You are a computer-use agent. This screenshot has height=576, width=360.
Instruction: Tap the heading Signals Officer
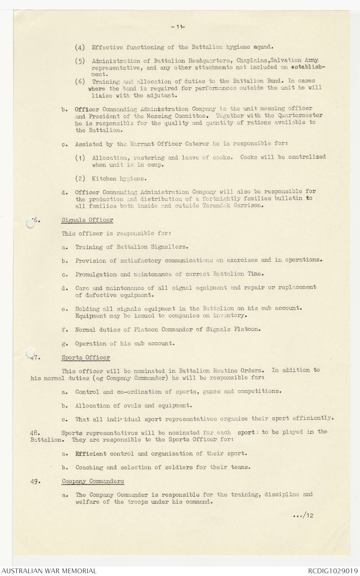tap(87, 220)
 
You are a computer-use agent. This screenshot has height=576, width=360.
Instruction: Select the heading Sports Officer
tap(86, 357)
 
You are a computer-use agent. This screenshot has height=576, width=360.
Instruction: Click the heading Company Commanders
tap(93, 481)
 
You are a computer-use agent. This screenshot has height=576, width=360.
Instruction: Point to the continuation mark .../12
tap(303, 515)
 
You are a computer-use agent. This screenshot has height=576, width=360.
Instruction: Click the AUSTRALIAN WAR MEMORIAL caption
tap(49, 571)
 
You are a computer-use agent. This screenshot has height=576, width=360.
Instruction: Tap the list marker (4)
tap(80, 47)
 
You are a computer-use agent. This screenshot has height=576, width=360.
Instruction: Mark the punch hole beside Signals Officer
tap(30, 223)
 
